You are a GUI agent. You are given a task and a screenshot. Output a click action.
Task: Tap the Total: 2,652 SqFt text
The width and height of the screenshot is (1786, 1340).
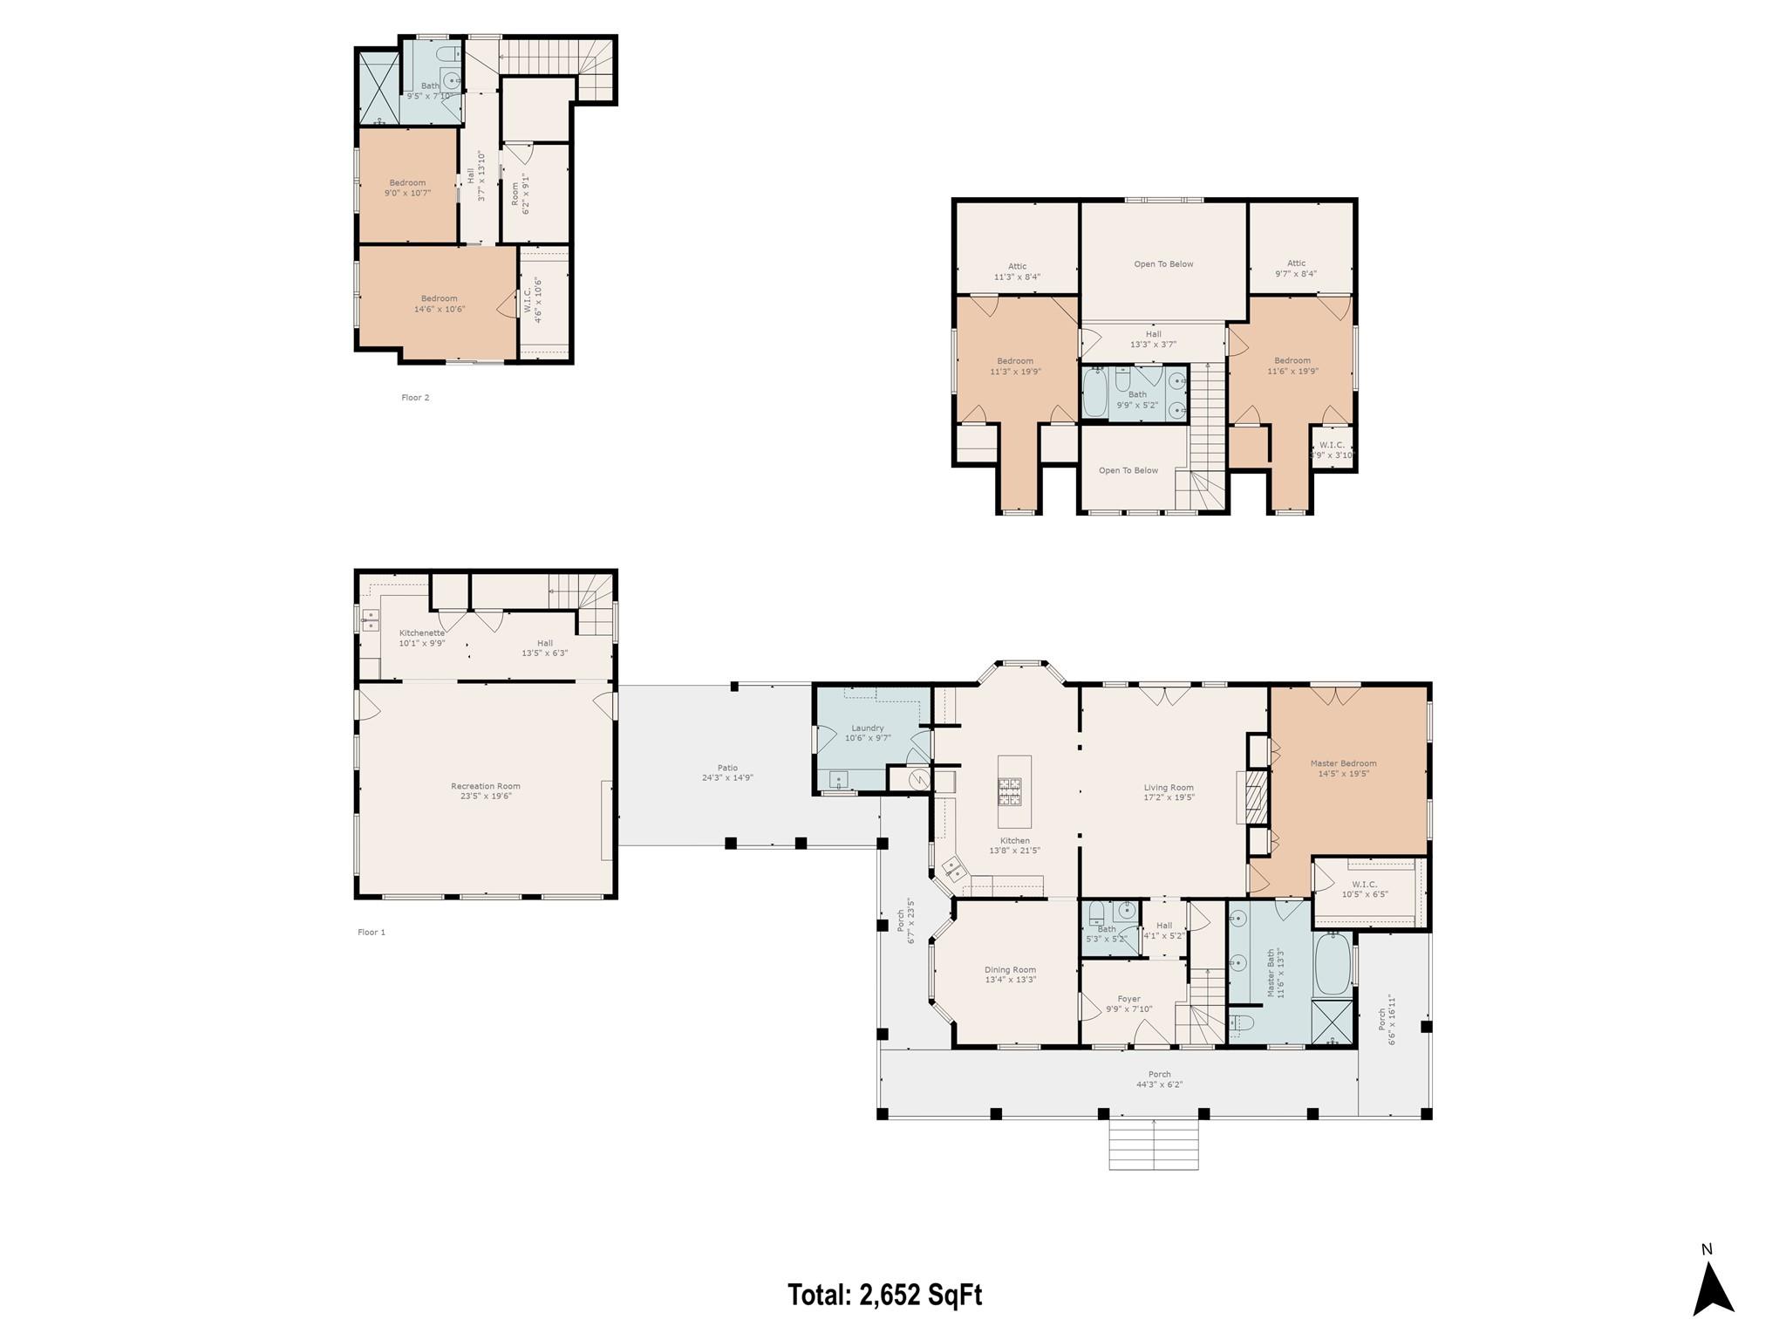884,1294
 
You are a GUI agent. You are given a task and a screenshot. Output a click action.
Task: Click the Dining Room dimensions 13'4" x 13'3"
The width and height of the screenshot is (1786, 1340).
1010,980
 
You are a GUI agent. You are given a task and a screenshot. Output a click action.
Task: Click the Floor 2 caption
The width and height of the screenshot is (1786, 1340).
415,398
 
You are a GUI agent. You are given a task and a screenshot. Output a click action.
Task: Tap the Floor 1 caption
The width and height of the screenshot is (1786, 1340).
371,932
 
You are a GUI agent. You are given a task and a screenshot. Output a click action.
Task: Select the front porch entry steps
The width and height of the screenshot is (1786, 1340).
1153,1145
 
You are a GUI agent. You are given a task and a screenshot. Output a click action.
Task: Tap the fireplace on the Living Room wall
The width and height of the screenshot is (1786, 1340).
1255,797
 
